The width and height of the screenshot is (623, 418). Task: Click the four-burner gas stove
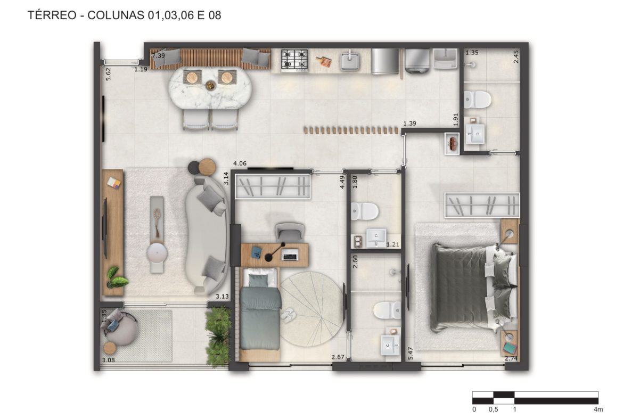(294, 60)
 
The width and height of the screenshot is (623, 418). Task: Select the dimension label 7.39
(159, 55)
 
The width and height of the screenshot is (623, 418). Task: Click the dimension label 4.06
(240, 163)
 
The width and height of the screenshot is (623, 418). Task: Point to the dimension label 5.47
(411, 353)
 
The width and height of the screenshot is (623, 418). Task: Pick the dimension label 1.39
(409, 124)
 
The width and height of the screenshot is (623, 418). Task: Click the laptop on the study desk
(290, 255)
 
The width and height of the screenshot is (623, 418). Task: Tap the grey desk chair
(290, 231)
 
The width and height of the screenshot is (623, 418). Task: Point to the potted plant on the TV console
(117, 277)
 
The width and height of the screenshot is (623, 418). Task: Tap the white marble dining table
(210, 88)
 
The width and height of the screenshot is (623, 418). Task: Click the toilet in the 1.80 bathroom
(364, 211)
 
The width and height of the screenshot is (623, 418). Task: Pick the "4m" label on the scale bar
(598, 409)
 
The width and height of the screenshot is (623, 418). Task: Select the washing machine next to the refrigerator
(417, 61)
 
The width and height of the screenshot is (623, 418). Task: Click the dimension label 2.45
(516, 56)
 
